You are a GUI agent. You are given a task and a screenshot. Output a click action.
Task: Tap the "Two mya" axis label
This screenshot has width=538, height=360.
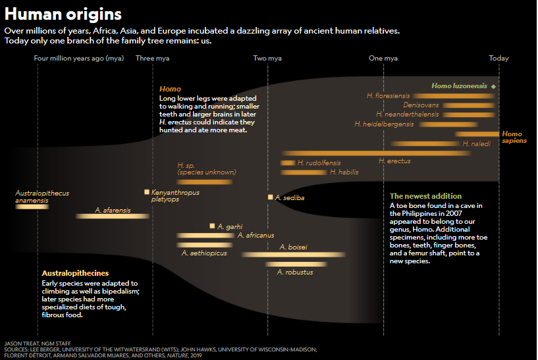click(x=267, y=59)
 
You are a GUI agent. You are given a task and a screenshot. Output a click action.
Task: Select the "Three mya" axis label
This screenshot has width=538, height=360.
click(x=152, y=59)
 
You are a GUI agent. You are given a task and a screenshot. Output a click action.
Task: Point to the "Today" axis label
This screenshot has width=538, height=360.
click(x=498, y=59)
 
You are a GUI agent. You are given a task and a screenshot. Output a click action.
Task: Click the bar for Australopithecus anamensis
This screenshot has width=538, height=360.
click(x=32, y=207)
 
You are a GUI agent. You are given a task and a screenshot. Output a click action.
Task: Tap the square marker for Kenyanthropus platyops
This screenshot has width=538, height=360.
click(x=147, y=192)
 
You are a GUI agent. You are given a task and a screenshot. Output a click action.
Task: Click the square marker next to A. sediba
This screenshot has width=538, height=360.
click(x=270, y=197)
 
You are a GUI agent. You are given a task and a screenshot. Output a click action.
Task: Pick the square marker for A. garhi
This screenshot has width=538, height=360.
click(x=212, y=226)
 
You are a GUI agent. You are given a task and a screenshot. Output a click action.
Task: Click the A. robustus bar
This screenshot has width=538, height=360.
click(x=295, y=264)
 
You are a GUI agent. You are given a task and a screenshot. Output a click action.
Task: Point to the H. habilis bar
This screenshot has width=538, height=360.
click(x=303, y=172)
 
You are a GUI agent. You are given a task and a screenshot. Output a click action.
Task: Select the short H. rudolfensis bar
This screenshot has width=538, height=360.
click(x=288, y=163)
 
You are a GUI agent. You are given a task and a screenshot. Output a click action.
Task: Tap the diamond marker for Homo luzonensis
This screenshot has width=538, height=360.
click(x=493, y=86)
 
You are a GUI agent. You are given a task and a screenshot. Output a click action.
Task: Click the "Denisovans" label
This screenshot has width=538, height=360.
click(x=421, y=105)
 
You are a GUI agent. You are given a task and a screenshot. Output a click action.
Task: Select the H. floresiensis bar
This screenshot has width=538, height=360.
click(x=454, y=96)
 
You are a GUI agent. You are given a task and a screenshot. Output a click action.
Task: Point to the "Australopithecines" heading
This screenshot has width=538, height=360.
click(x=75, y=272)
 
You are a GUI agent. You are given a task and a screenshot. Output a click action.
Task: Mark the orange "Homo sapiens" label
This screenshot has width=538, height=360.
click(x=512, y=137)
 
